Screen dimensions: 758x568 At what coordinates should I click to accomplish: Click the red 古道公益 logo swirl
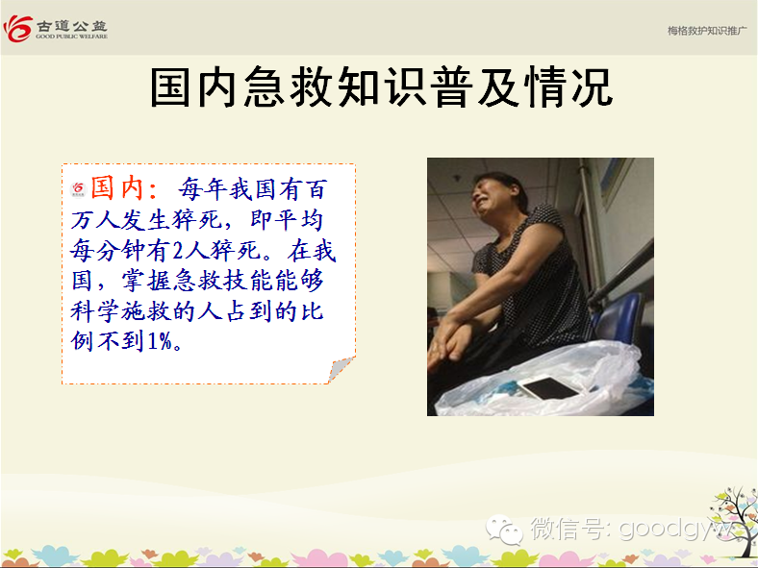pyautogui.click(x=18, y=29)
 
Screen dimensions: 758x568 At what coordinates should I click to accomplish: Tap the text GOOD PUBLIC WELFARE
pyautogui.click(x=71, y=37)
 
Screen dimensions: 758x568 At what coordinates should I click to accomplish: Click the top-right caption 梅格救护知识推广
pyautogui.click(x=707, y=31)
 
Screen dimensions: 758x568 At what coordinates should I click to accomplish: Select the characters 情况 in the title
pyautogui.click(x=570, y=87)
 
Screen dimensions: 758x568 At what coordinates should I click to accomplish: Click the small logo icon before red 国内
pyautogui.click(x=78, y=188)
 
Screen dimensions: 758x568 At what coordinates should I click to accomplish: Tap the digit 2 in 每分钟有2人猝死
pyautogui.click(x=178, y=250)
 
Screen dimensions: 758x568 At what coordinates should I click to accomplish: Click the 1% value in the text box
pyautogui.click(x=160, y=341)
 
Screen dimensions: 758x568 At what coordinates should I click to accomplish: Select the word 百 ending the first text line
pyautogui.click(x=317, y=188)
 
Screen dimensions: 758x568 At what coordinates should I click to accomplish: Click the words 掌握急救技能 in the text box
pyautogui.click(x=197, y=281)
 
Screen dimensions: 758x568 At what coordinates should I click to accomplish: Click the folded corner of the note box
pyautogui.click(x=341, y=369)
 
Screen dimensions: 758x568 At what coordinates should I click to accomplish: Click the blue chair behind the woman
pyautogui.click(x=618, y=320)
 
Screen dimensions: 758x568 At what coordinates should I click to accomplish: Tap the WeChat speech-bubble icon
pyautogui.click(x=504, y=530)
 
